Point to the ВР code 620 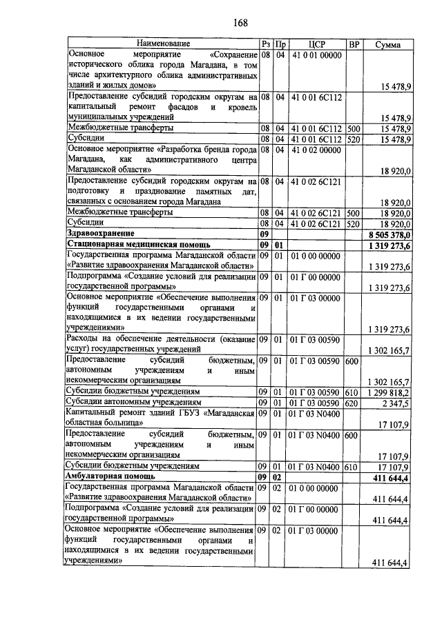352,401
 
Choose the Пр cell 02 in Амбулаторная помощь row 278,476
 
